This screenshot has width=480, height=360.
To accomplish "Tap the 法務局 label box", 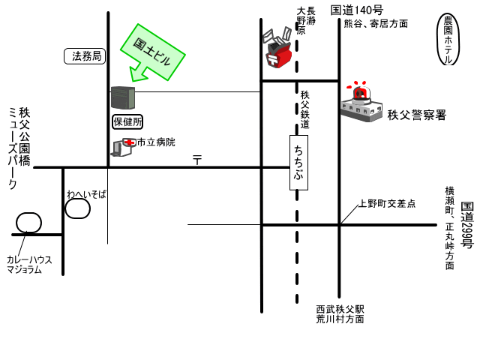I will pos(85,55).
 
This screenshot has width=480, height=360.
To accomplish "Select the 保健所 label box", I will pos(127,121).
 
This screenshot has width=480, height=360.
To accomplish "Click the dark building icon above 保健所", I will pos(122,97).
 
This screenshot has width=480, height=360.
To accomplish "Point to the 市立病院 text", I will pos(156,142).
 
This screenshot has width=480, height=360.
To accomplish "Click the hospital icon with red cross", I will pos(121,147).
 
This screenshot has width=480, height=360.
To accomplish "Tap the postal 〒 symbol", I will pos(197,159).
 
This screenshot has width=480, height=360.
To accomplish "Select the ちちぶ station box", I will pos(298,162).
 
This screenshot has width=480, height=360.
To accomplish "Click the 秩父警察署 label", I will pos(417,115).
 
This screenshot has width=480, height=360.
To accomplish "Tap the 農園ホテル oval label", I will pos(448,39).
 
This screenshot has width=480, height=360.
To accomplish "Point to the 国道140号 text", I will pos(356,10).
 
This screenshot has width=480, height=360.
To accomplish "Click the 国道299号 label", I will pos(466,225).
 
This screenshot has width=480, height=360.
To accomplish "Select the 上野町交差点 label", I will pos(386,203).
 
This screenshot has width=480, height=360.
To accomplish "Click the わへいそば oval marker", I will pos(77,208).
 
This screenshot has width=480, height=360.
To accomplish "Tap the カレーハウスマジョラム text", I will pos(30,264).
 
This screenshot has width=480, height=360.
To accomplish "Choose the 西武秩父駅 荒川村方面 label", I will pos(340,313).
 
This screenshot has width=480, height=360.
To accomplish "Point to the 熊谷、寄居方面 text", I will pos(376,23).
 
